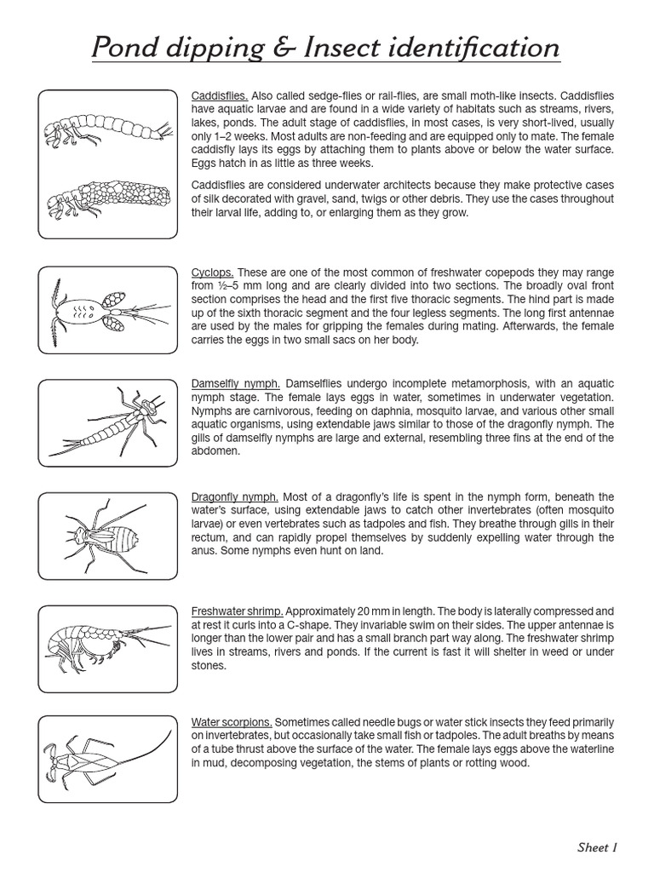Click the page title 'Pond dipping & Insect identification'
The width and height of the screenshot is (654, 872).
[326, 47]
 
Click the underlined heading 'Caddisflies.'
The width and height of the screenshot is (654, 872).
[220, 95]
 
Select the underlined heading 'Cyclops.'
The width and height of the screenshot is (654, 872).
[212, 272]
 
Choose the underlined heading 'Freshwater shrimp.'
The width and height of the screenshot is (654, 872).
[238, 611]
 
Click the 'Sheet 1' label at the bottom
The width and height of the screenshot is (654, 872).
[596, 847]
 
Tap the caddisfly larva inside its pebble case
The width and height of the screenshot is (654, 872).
[106, 202]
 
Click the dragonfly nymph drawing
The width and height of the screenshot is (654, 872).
[106, 536]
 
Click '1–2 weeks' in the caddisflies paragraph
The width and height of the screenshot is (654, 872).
[223, 136]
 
